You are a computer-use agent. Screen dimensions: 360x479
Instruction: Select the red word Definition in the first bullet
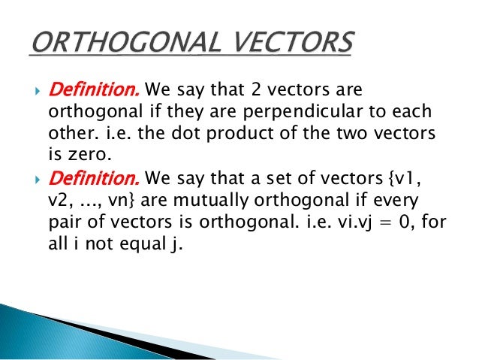click(93, 91)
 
